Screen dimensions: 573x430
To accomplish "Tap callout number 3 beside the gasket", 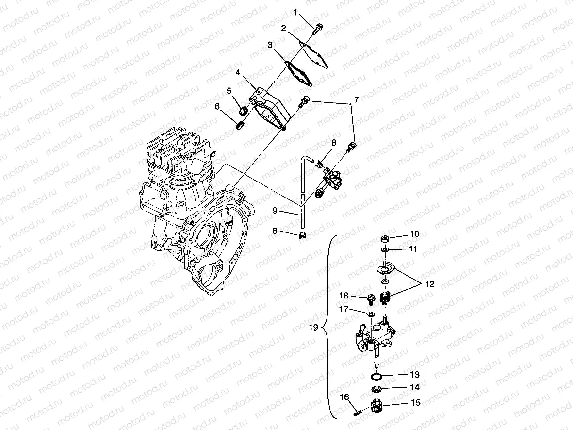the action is [x=270, y=45].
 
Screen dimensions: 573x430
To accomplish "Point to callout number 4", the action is [x=238, y=72].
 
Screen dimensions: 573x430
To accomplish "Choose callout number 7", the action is [x=356, y=100].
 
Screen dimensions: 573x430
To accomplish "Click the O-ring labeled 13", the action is [x=377, y=376].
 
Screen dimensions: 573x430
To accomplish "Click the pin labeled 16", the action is [x=356, y=412].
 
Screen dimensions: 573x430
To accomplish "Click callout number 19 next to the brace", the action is [x=313, y=328].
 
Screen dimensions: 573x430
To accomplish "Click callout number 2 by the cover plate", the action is [x=283, y=29].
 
